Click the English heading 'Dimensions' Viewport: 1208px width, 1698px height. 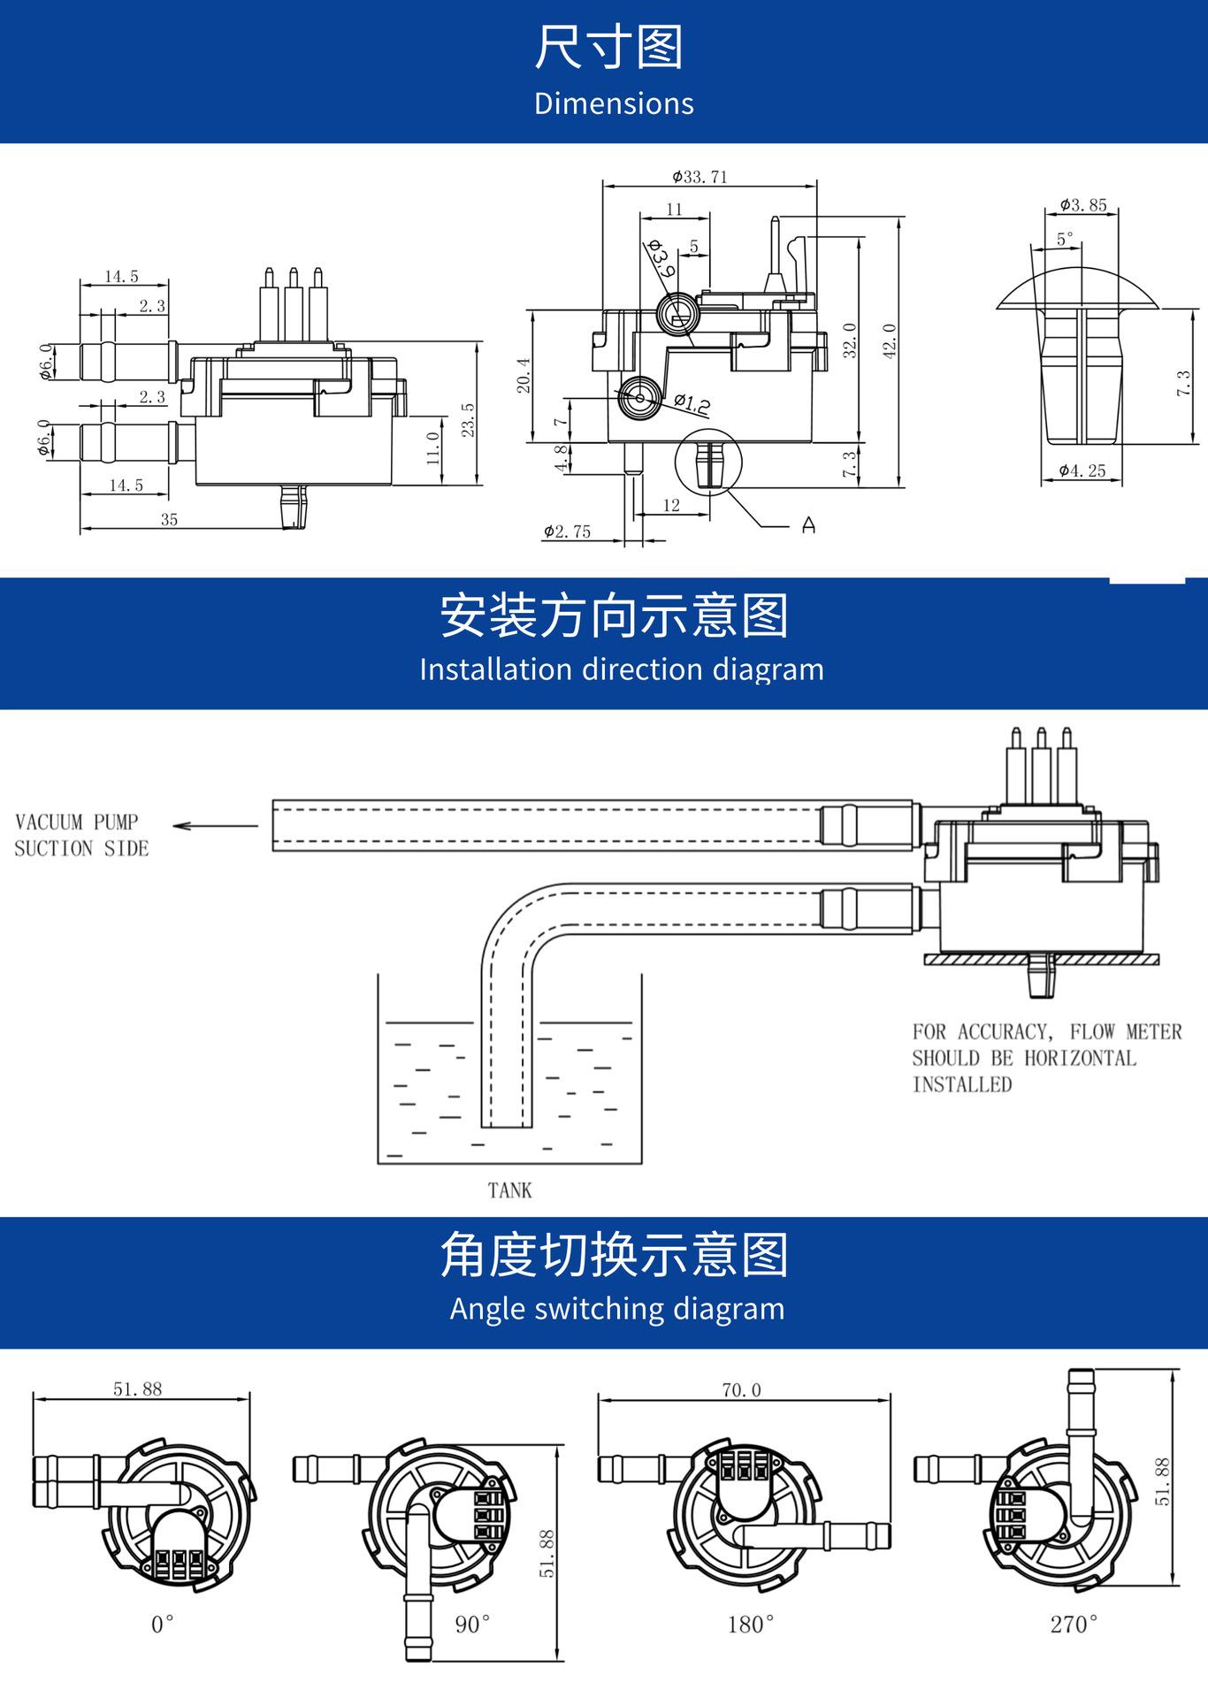pos(614,103)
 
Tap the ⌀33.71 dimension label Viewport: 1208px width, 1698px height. pos(700,177)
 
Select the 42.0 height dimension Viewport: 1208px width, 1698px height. pos(890,340)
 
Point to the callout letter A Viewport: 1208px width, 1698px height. pos(808,525)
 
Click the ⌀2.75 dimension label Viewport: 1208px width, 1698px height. pos(567,532)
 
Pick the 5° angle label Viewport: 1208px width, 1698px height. pos(1066,239)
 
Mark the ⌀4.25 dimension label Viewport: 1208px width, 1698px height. pos(1082,470)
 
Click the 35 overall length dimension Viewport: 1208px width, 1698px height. pos(169,520)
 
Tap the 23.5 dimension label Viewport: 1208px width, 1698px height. pos(469,419)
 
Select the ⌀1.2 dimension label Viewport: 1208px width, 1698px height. pos(692,404)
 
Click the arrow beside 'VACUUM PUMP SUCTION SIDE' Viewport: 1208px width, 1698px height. pos(216,826)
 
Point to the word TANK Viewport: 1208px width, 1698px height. pos(510,1190)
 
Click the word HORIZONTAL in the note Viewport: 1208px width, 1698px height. pos(1080,1058)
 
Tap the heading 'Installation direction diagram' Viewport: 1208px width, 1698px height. pos(622,669)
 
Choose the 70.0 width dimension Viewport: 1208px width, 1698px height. pos(741,1390)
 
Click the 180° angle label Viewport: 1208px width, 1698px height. pos(751,1624)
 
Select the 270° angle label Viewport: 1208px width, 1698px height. pos(1074,1624)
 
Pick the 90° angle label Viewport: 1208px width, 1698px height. pos(473,1624)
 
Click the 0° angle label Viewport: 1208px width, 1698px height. pos(163,1624)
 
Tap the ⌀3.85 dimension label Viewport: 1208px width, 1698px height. pos(1083,205)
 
